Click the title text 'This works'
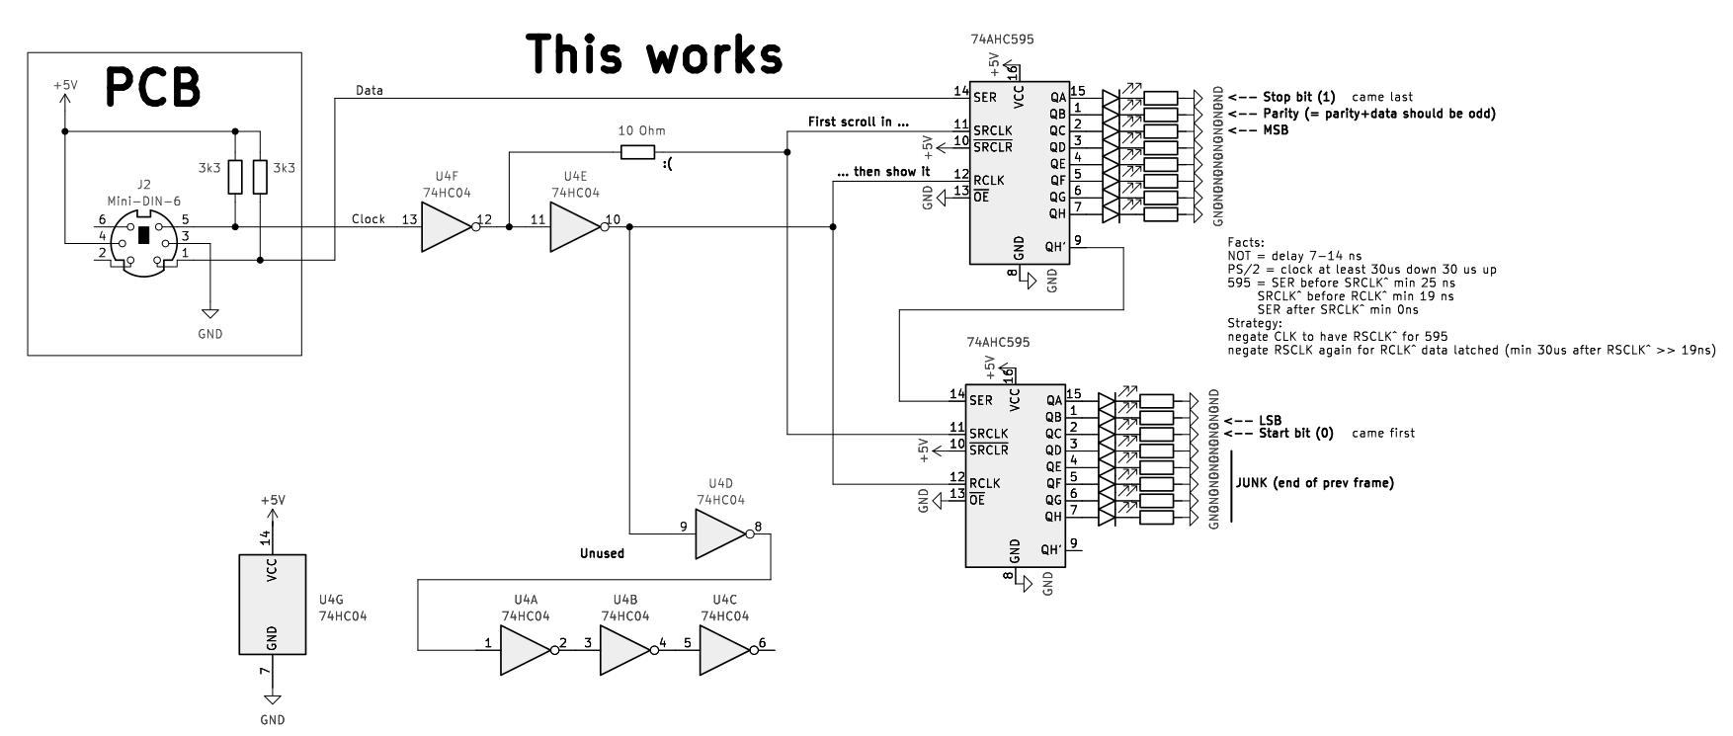(653, 54)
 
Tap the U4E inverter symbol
(574, 227)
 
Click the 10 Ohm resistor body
(637, 152)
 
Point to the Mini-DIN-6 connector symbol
(144, 238)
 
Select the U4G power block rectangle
(273, 604)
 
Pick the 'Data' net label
(370, 90)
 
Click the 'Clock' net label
(369, 219)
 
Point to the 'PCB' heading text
(153, 87)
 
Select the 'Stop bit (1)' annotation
(1298, 97)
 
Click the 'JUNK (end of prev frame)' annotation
(1314, 483)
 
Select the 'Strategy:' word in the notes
(1255, 322)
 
